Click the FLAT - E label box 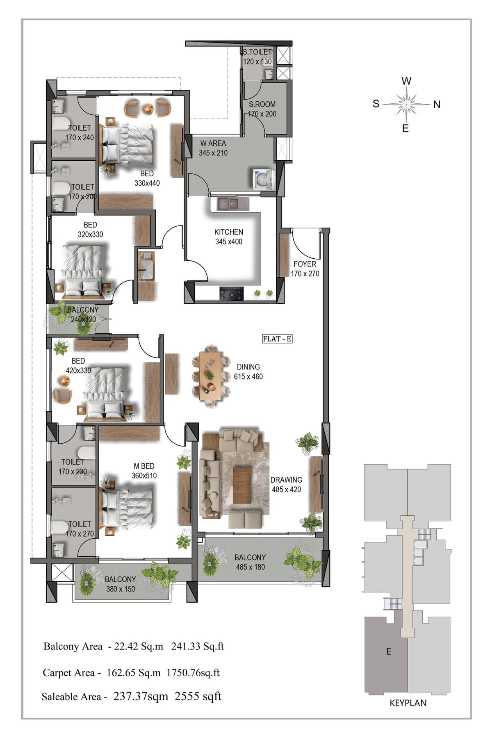(x=277, y=339)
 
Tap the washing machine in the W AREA (x=263, y=179)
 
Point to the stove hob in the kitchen (x=232, y=293)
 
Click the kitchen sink (x=228, y=203)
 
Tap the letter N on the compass (x=437, y=105)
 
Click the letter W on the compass (x=406, y=81)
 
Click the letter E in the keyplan (x=389, y=651)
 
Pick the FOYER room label (x=305, y=264)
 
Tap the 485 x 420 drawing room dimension (x=286, y=489)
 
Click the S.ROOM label (x=262, y=104)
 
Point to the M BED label (x=144, y=466)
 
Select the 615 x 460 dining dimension (x=248, y=376)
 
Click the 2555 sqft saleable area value (x=198, y=696)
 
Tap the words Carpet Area (x=68, y=673)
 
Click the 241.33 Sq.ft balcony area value (x=198, y=647)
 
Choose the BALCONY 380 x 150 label (x=120, y=584)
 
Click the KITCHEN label (x=229, y=232)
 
